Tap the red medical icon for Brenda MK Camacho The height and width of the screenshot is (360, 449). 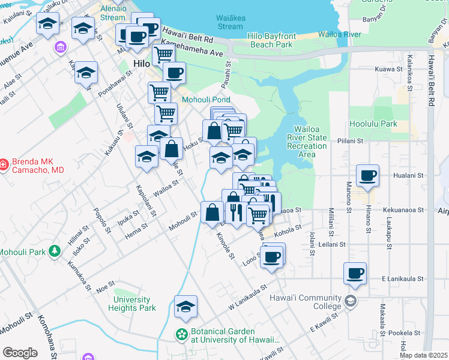click(x=4, y=163)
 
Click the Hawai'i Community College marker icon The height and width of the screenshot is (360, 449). click(x=351, y=300)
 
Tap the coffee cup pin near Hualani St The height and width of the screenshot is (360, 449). click(x=367, y=176)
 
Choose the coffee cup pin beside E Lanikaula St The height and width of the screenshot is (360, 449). click(x=355, y=274)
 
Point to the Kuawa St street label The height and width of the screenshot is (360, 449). click(x=388, y=70)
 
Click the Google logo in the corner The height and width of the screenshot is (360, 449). click(x=20, y=353)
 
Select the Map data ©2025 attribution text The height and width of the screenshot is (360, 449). click(x=423, y=355)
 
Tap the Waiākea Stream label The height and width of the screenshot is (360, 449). click(x=231, y=22)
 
